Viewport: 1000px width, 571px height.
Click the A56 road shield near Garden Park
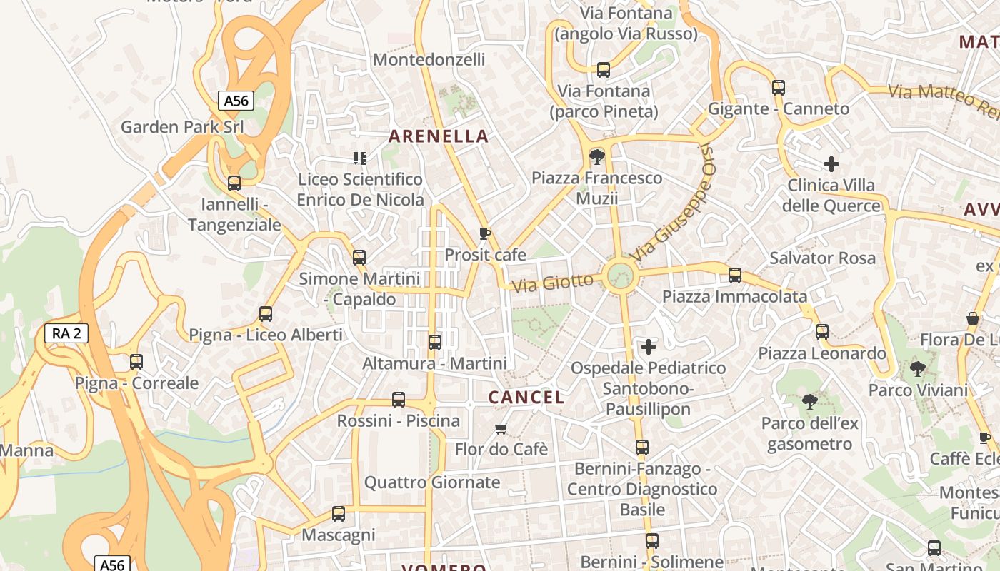coord(236,101)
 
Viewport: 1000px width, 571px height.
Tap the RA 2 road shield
coord(66,333)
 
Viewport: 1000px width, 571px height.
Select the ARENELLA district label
coord(439,136)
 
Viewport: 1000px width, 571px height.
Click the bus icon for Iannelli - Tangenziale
coord(234,183)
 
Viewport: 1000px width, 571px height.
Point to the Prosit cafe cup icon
coord(484,234)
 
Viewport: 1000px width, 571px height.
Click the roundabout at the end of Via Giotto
coord(619,276)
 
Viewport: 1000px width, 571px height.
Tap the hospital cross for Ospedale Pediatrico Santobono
coord(649,347)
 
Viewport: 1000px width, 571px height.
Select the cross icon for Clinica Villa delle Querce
coord(831,164)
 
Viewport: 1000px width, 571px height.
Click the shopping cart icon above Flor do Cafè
coord(501,428)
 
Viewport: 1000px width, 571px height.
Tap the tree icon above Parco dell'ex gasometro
coord(809,402)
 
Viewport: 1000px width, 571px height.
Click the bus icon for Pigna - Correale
coord(136,362)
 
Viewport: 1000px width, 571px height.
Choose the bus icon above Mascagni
coord(339,513)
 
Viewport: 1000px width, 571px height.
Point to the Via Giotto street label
coord(553,283)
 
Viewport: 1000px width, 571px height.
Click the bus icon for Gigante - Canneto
coord(779,88)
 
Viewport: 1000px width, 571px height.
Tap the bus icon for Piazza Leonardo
coord(822,332)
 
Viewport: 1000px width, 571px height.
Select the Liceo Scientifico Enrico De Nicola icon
coord(360,158)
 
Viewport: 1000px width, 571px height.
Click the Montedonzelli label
coord(429,60)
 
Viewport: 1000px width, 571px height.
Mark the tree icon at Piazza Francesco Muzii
coord(596,156)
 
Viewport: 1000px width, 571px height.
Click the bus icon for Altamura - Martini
coord(435,343)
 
